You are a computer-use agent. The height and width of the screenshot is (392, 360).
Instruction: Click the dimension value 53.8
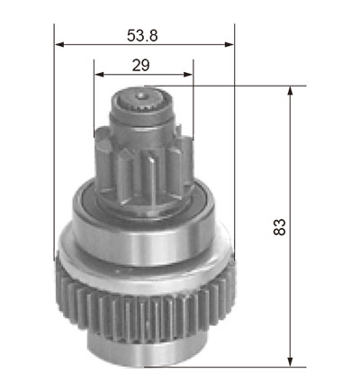(x=142, y=35)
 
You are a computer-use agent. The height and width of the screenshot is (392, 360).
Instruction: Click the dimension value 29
(x=140, y=65)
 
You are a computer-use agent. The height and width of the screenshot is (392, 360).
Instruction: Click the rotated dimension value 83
(x=280, y=227)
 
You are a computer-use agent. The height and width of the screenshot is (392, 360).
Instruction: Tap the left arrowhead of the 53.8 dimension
(x=59, y=45)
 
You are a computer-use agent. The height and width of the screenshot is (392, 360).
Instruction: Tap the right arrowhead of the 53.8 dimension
(x=229, y=45)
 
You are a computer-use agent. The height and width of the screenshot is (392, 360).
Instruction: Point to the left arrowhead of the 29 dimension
(x=99, y=75)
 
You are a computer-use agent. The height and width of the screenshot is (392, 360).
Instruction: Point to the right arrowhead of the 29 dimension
(x=188, y=75)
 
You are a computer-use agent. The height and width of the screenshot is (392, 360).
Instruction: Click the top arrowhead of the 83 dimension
(x=290, y=91)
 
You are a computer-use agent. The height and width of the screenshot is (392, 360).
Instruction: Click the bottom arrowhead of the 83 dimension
(x=290, y=361)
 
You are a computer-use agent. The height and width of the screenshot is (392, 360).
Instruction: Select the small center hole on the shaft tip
(x=140, y=96)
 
